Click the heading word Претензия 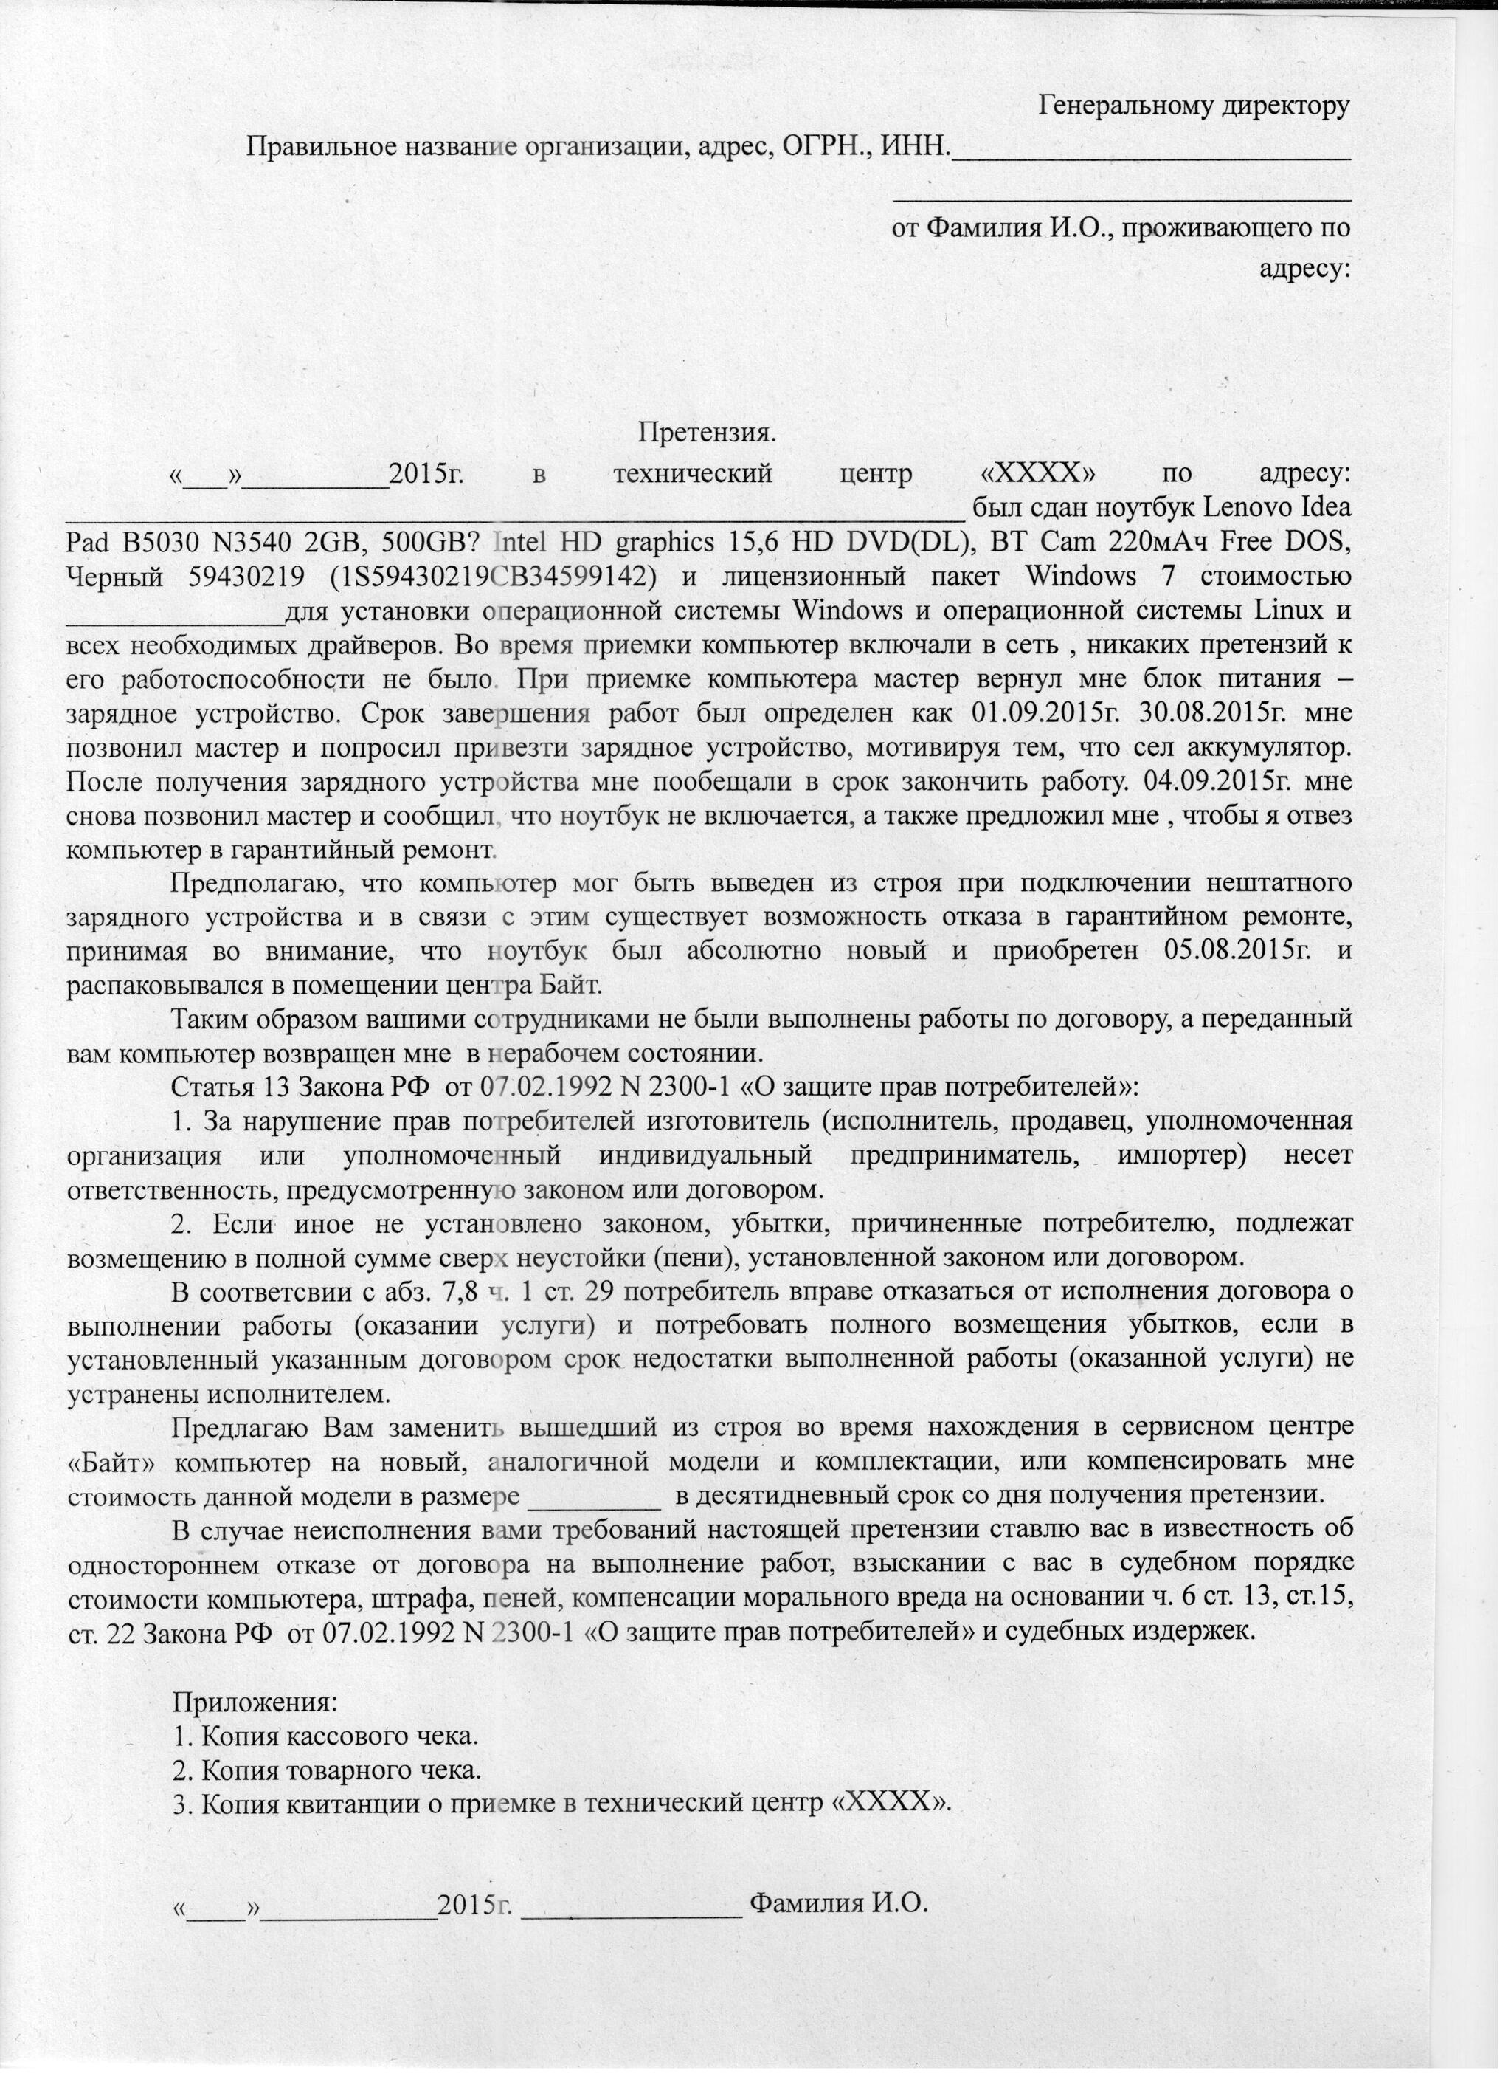click(708, 431)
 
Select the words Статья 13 click(224, 1087)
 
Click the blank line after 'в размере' click(595, 1495)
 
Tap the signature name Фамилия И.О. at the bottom click(838, 1902)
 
